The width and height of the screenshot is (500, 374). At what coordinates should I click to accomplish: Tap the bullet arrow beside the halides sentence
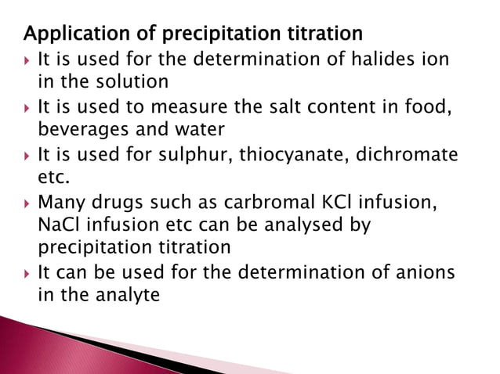tap(28, 59)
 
